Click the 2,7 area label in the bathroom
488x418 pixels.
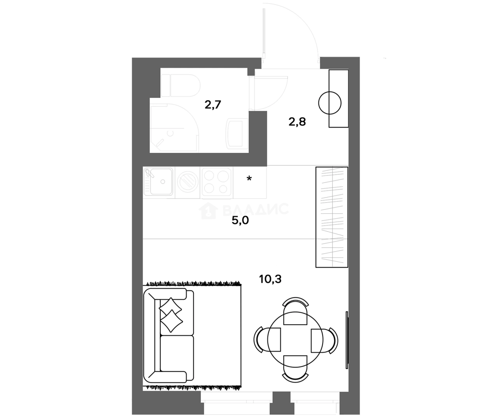213,105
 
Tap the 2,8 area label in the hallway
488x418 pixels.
297,122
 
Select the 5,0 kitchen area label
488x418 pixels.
240,221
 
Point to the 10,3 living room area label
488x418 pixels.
270,279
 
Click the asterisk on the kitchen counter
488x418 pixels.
249,179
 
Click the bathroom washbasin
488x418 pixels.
237,133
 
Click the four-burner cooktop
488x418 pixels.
216,181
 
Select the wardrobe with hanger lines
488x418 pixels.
332,217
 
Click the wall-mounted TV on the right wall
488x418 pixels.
347,339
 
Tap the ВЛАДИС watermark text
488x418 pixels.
255,210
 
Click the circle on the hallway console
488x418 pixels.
330,103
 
